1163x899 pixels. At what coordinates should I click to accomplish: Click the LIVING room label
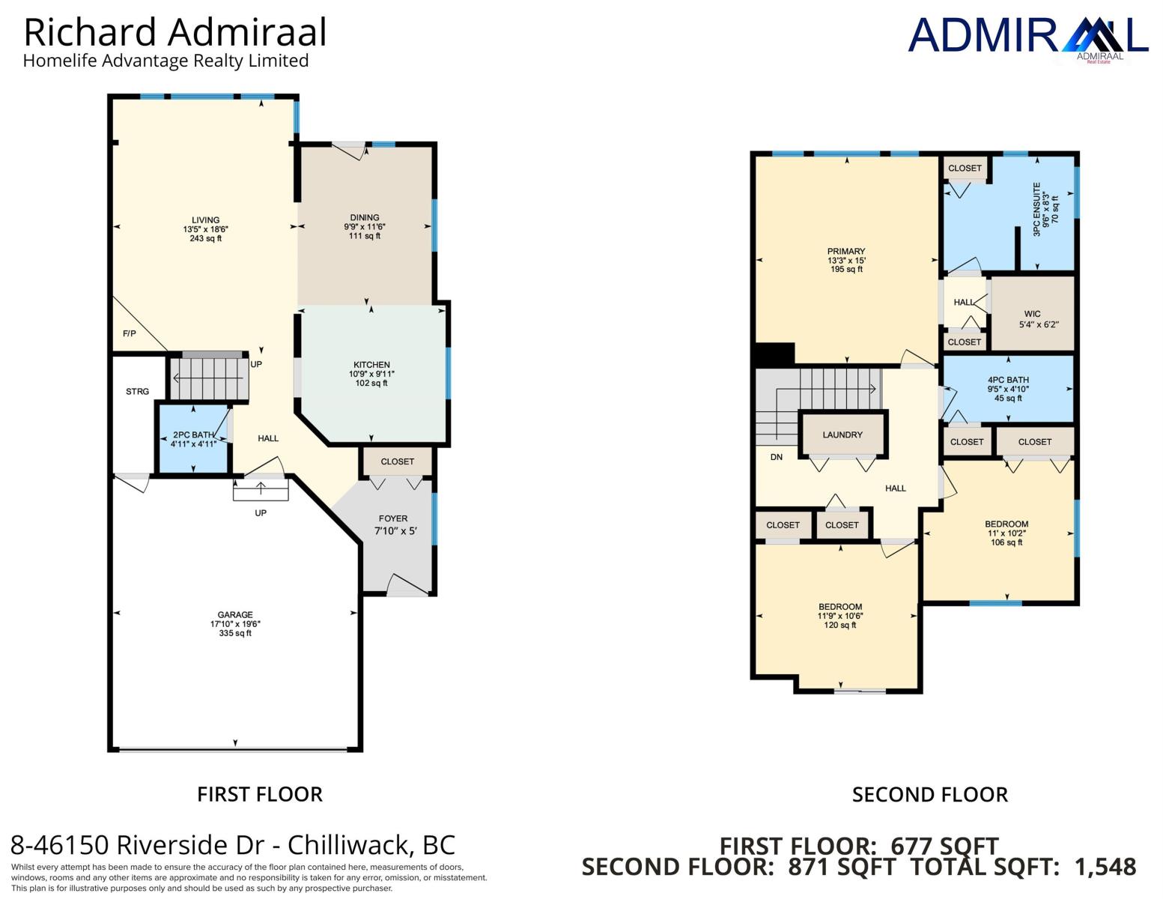tap(205, 220)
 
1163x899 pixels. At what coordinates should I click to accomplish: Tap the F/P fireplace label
tap(130, 333)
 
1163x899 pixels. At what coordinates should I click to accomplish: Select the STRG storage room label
tap(138, 391)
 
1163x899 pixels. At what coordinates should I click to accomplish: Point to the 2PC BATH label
tap(194, 435)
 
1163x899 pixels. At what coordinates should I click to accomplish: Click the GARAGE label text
tap(235, 614)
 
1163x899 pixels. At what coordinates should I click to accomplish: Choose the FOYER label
tap(393, 518)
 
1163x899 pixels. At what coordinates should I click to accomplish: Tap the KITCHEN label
tap(371, 365)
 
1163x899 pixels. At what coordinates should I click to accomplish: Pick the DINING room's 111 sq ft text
tap(365, 235)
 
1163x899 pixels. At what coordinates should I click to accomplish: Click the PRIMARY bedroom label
tap(846, 251)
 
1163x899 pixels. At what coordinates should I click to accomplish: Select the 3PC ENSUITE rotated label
tap(1036, 209)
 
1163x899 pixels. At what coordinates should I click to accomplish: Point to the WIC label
tap(1033, 314)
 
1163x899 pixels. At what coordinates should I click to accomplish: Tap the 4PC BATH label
tap(1008, 380)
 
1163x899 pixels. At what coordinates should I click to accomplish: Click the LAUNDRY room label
tap(842, 435)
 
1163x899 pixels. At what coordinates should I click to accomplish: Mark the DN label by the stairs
tap(777, 457)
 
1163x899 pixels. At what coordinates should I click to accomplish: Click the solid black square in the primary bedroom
tap(774, 354)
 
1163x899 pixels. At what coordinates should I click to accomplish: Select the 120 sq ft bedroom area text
tap(840, 625)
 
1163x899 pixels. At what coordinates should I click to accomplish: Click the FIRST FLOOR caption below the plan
tap(260, 795)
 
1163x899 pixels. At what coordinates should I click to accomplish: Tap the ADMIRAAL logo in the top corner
tap(1028, 38)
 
